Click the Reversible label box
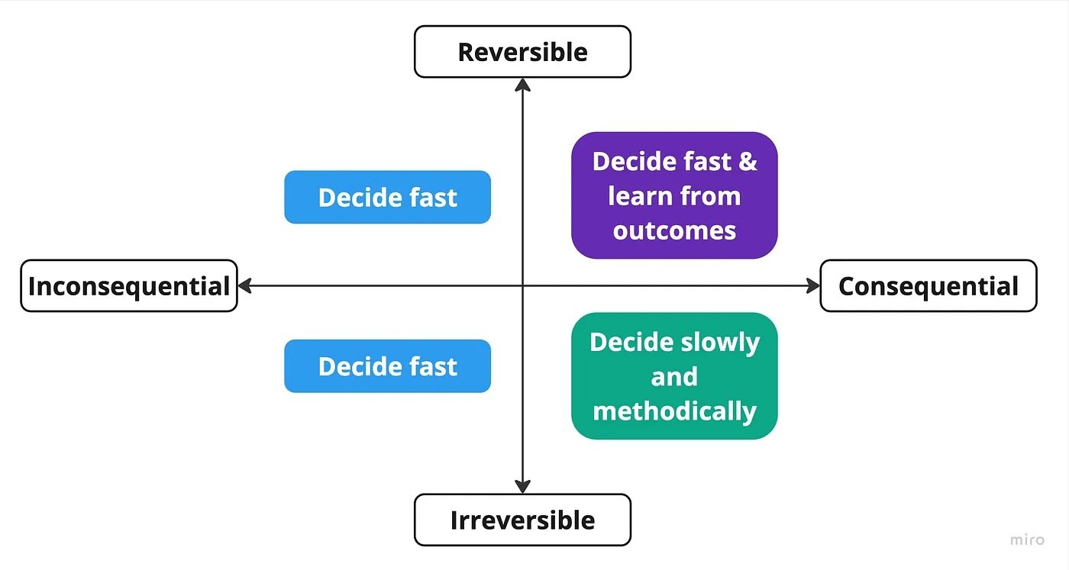[522, 52]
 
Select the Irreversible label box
[522, 520]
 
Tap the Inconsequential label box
[129, 285]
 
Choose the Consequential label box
[929, 285]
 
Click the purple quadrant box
[674, 195]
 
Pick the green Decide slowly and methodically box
[674, 376]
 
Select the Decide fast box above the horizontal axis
[388, 197]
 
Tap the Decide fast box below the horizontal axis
[388, 366]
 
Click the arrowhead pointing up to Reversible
[522, 85]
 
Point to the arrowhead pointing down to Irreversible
[522, 487]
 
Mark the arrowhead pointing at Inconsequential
[245, 285]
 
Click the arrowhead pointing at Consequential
[812, 285]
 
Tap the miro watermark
[1027, 540]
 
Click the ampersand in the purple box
[748, 161]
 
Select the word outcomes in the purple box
[674, 231]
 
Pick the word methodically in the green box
[674, 411]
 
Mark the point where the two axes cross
[522, 285]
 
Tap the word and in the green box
[674, 376]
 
